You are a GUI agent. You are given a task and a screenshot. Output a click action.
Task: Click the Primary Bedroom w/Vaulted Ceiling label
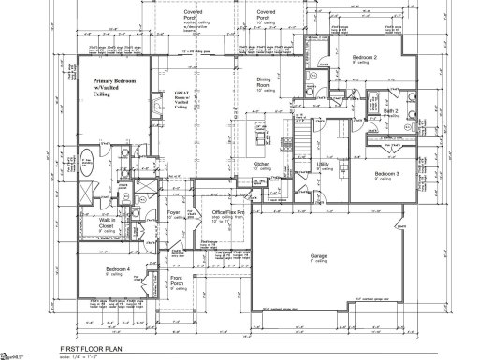(x=114, y=88)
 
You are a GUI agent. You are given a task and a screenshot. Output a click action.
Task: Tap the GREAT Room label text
(x=181, y=100)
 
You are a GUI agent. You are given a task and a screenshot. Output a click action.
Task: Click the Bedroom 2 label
(x=365, y=58)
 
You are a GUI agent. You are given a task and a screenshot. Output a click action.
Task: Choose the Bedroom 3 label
(x=387, y=175)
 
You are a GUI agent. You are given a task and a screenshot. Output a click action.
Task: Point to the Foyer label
(x=173, y=213)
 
